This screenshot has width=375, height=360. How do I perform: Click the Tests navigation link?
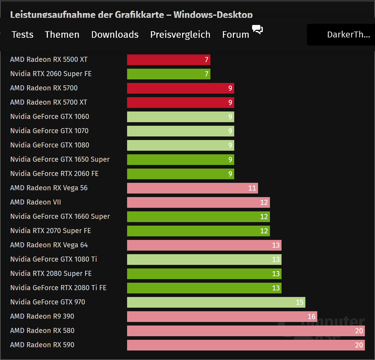click(x=22, y=34)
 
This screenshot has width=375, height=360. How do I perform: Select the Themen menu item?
click(x=62, y=34)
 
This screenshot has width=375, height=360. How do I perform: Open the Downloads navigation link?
click(x=115, y=34)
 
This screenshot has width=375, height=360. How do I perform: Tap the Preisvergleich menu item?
click(x=180, y=34)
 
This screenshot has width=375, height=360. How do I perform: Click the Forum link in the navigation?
click(x=235, y=34)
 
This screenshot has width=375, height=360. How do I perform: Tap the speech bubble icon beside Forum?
click(x=257, y=29)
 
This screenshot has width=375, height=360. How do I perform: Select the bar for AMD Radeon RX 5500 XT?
click(x=168, y=60)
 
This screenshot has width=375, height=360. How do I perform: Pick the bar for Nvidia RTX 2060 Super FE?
click(x=168, y=74)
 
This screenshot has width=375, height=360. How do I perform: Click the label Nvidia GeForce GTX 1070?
click(x=49, y=131)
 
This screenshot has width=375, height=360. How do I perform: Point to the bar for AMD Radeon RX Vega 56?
click(x=192, y=188)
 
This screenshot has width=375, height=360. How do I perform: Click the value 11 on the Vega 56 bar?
click(x=252, y=188)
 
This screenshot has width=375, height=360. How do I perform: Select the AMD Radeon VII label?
click(x=35, y=202)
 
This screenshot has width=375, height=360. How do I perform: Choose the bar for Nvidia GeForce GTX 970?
click(x=216, y=302)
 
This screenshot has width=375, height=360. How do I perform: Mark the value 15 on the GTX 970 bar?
click(x=299, y=302)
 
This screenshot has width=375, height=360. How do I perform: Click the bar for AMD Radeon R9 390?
click(x=222, y=317)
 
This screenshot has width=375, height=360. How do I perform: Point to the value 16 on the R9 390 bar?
click(x=311, y=317)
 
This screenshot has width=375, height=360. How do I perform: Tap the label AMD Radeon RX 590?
click(x=42, y=345)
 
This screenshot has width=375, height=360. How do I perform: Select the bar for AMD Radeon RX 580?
click(x=246, y=331)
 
